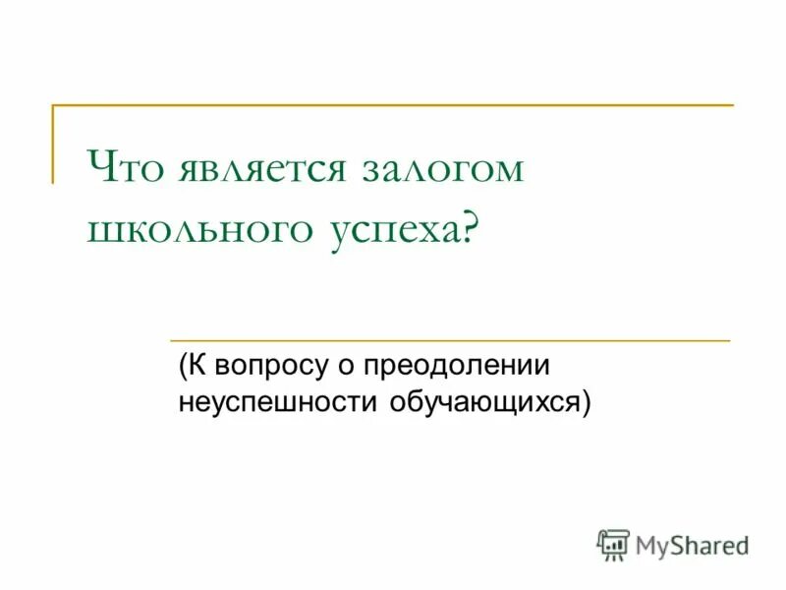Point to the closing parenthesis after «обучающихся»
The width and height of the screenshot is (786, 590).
coord(586,402)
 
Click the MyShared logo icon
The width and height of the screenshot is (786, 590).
coord(613,544)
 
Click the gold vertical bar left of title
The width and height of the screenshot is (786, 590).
coord(53,144)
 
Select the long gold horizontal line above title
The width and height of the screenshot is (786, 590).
coord(393,104)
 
